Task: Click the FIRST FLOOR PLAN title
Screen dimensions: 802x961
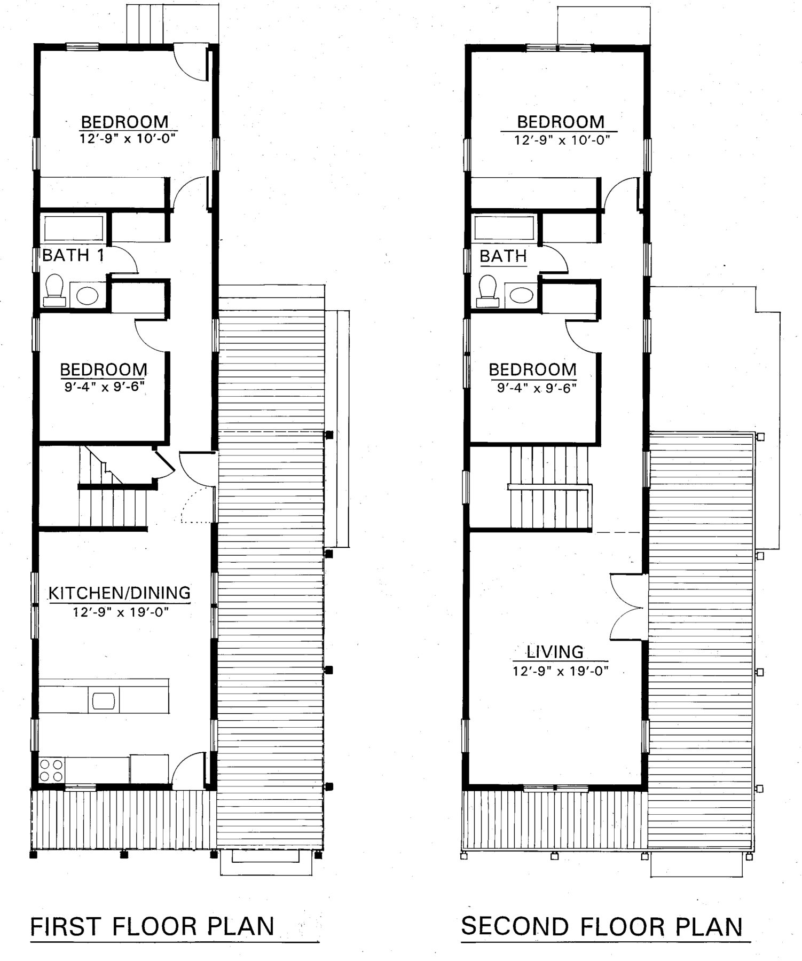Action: [153, 926]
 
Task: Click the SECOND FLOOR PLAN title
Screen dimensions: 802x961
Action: [602, 926]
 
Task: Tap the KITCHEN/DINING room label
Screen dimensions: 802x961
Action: [120, 593]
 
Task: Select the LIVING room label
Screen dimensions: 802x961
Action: [555, 651]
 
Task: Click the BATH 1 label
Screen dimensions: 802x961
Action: [73, 255]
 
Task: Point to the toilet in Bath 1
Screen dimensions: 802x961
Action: [54, 290]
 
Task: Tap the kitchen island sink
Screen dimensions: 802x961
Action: [104, 700]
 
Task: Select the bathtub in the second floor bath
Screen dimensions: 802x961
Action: [505, 228]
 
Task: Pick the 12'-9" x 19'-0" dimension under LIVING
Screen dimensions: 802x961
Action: [561, 671]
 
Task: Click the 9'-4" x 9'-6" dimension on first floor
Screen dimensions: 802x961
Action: [105, 386]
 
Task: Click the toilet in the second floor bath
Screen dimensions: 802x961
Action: [487, 291]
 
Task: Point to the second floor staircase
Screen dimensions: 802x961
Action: [550, 487]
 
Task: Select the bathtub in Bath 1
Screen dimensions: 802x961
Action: [74, 229]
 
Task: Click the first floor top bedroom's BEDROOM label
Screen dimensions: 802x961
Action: [124, 122]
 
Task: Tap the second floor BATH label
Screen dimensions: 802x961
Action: [503, 256]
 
